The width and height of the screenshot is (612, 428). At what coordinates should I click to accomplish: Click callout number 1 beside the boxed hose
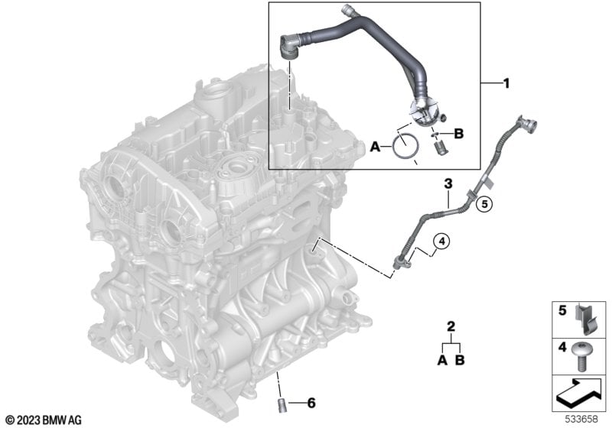click(x=506, y=83)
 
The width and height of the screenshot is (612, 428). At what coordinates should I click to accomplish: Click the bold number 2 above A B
click(x=451, y=326)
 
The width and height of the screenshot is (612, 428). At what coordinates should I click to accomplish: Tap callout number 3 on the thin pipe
click(x=448, y=183)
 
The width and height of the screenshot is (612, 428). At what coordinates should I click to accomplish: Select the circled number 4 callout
click(x=442, y=242)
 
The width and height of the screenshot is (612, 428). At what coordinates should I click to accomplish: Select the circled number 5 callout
click(x=484, y=203)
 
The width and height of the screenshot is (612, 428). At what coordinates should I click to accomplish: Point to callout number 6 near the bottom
click(x=311, y=403)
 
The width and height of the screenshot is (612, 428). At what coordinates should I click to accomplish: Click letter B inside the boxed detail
click(x=459, y=134)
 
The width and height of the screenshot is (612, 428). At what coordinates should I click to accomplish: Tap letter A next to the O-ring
click(x=375, y=147)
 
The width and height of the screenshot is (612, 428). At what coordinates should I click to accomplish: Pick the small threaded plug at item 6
click(x=282, y=404)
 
